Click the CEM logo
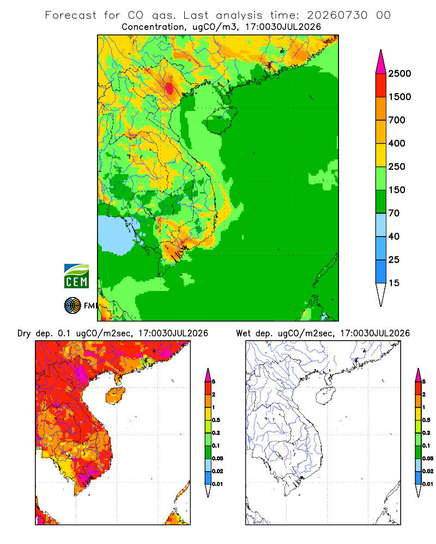[x=76, y=276]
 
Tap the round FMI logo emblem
[x=72, y=306]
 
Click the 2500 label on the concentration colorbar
[x=399, y=73]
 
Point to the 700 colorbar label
[x=397, y=120]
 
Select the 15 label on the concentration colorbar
[x=394, y=283]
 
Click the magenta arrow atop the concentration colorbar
[x=381, y=62]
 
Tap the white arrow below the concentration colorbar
[x=381, y=294]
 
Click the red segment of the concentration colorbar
[x=381, y=85]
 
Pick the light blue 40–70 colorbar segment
[x=381, y=225]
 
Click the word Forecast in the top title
[x=71, y=15]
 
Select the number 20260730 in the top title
[x=337, y=15]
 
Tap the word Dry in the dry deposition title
[x=24, y=333]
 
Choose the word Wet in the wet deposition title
[x=243, y=333]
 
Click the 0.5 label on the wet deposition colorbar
[x=426, y=420]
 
